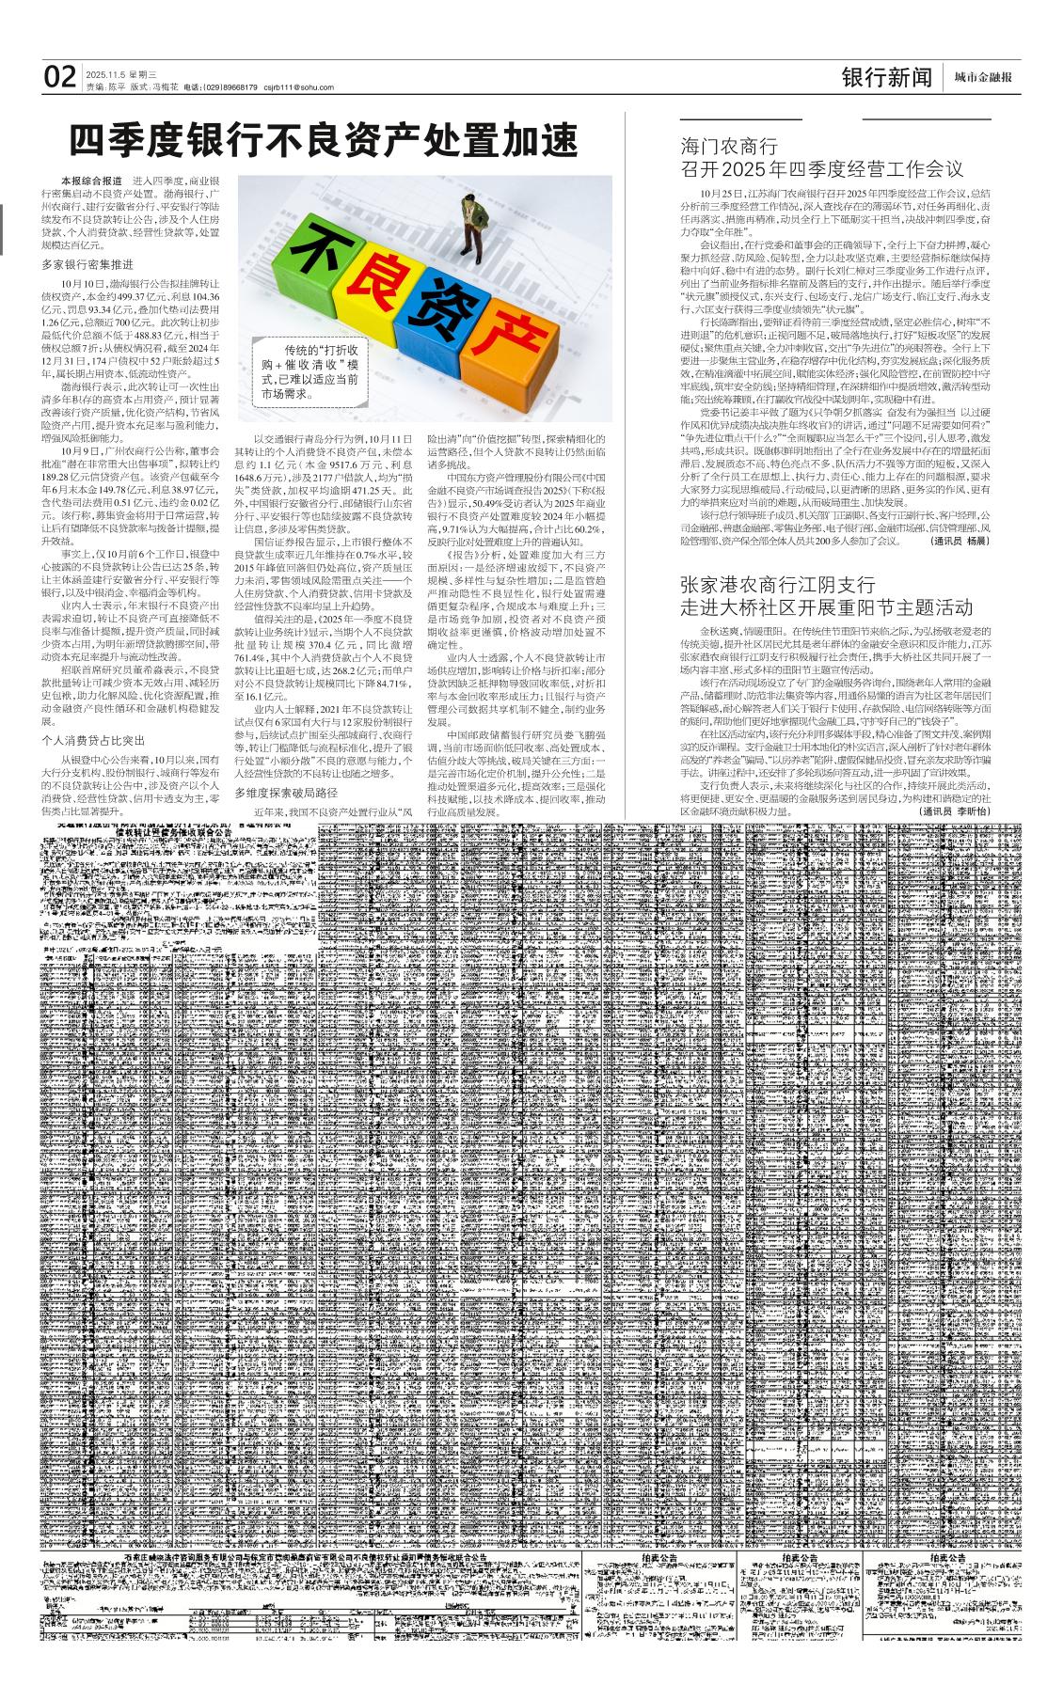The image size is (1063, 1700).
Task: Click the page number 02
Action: tap(60, 76)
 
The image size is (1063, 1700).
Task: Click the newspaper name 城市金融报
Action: tap(983, 78)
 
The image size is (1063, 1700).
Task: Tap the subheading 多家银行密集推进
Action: tap(87, 264)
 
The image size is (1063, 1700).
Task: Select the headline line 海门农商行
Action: tap(729, 147)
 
